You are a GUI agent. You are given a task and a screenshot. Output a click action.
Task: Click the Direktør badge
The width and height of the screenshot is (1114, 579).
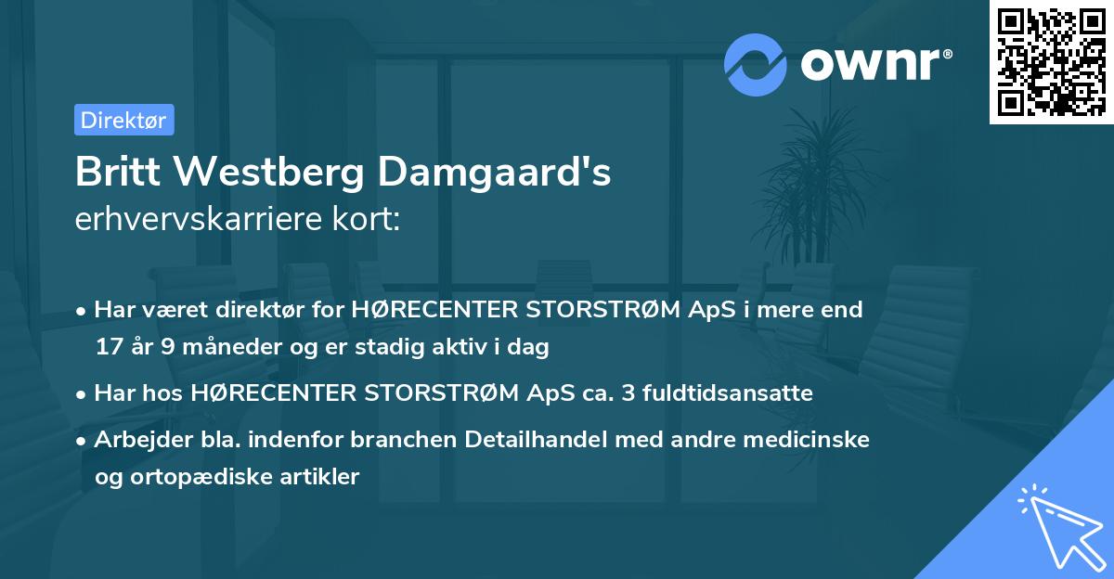(123, 120)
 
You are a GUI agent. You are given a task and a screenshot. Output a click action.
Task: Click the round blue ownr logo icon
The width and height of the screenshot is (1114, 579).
(756, 64)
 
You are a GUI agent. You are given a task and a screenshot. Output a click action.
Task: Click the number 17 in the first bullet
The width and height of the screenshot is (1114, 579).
(108, 347)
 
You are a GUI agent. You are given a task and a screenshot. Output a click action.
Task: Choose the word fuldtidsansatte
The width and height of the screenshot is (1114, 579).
(721, 393)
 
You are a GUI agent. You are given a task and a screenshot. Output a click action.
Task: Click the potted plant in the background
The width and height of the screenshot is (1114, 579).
(817, 186)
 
